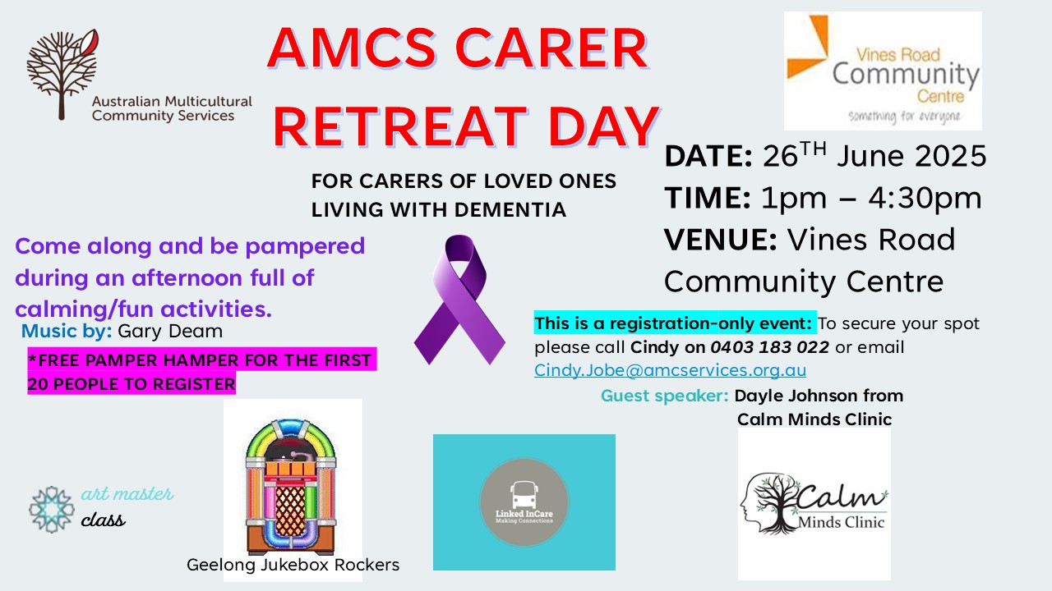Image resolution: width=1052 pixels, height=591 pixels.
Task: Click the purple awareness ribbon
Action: (459, 300)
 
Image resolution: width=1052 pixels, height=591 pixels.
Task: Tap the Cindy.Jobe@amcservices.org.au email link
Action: (670, 370)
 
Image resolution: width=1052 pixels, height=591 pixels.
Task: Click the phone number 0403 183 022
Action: (770, 347)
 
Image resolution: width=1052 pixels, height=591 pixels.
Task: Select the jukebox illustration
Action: (291, 487)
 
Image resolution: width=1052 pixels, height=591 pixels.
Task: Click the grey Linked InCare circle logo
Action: (524, 502)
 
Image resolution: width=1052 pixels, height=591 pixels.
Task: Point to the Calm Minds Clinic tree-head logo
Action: (814, 504)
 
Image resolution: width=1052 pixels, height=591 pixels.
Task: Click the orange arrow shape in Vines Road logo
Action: (809, 46)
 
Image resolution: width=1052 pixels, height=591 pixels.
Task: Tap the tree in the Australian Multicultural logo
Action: (62, 74)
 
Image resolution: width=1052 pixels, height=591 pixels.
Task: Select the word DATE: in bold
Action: (708, 156)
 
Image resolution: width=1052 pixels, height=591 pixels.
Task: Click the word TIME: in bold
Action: (708, 198)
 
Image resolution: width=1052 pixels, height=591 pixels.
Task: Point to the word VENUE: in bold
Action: (721, 239)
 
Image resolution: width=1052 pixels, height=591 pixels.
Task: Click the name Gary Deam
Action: (170, 331)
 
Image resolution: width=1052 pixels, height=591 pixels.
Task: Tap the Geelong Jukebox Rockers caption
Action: (293, 565)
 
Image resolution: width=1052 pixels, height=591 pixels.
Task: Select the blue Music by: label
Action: (67, 331)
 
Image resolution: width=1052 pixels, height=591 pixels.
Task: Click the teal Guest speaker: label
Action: (665, 396)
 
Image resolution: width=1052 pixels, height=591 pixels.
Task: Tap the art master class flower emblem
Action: (52, 510)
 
